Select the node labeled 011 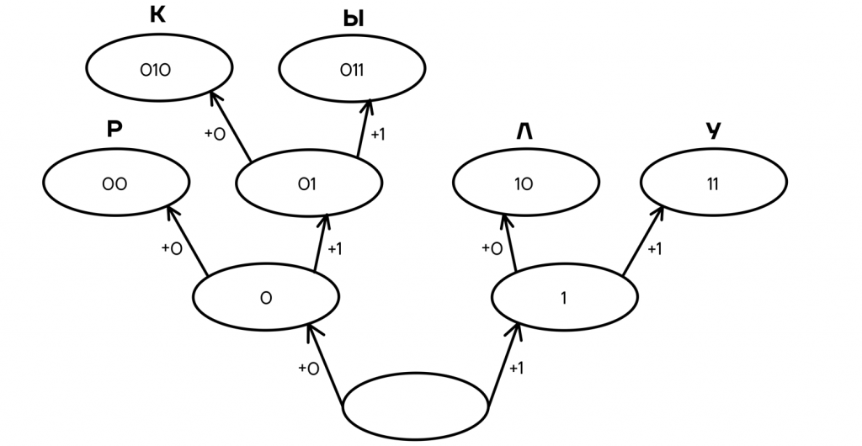pyautogui.click(x=352, y=71)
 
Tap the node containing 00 pyautogui.click(x=116, y=183)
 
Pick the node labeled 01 pyautogui.click(x=308, y=183)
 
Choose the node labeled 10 pyautogui.click(x=526, y=183)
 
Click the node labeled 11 pyautogui.click(x=714, y=183)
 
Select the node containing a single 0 pyautogui.click(x=266, y=297)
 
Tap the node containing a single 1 pyautogui.click(x=564, y=297)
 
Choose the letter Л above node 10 pyautogui.click(x=525, y=131)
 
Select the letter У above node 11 pyautogui.click(x=714, y=131)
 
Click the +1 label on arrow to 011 pyautogui.click(x=378, y=134)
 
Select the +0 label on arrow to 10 pyautogui.click(x=492, y=248)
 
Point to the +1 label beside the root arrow pyautogui.click(x=517, y=369)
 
